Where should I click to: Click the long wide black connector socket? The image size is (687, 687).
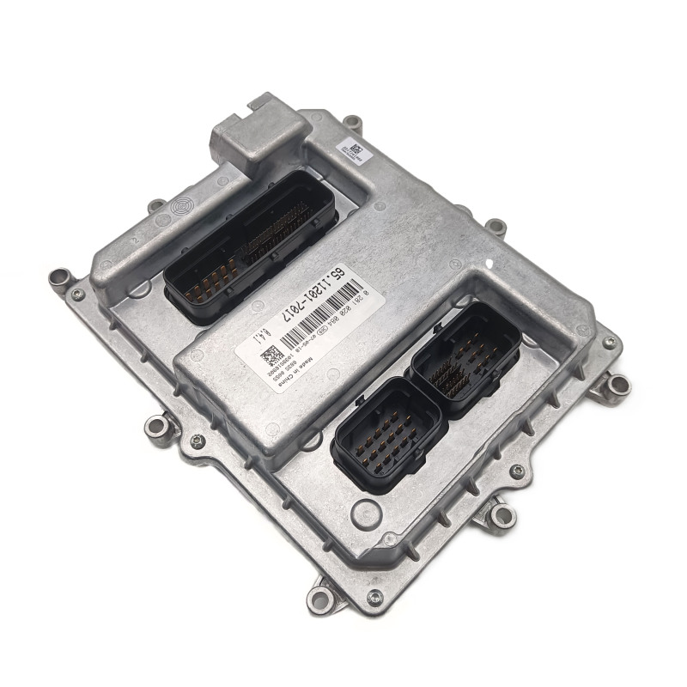tap(246, 244)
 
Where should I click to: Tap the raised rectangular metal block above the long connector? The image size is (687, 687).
tap(255, 137)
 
